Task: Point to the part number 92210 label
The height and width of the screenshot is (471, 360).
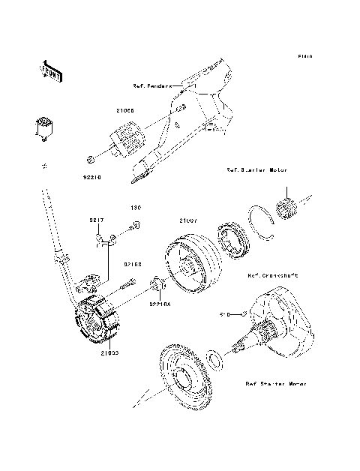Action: (x=91, y=178)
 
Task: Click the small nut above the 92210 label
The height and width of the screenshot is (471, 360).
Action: (x=90, y=159)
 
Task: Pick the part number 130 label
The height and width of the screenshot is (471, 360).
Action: (x=136, y=208)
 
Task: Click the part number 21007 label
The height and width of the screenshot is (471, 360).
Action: (x=187, y=221)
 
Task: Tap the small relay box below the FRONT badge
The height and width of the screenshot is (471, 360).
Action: (x=46, y=125)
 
